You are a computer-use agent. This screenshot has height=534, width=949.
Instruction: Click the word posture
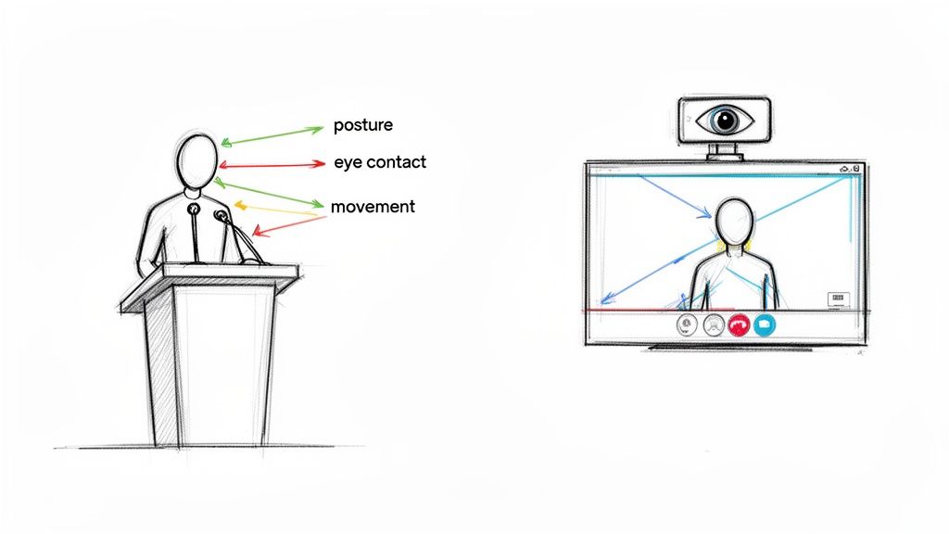[363, 125]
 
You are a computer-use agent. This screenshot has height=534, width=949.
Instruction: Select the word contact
[397, 162]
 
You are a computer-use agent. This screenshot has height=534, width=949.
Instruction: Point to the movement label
[373, 207]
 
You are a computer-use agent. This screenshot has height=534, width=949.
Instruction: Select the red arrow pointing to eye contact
[269, 165]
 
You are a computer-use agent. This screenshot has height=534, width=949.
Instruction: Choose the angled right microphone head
[221, 216]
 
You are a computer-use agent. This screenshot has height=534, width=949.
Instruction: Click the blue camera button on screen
[764, 324]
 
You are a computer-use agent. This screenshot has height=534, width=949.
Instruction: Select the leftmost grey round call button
[687, 324]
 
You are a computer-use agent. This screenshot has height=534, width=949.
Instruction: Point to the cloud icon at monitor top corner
[845, 169]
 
